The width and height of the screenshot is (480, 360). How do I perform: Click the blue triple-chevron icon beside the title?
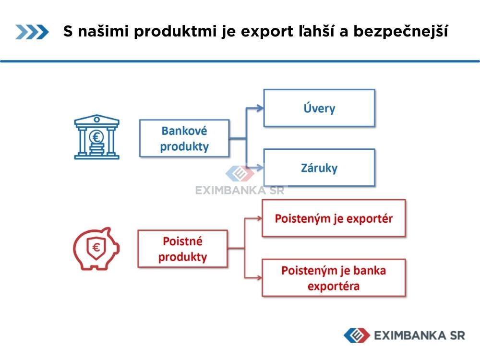click(x=32, y=32)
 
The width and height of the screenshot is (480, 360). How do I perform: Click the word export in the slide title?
click(x=266, y=32)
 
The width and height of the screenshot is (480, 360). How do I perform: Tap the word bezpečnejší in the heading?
click(x=401, y=31)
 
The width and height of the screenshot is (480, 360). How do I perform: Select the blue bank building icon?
click(x=97, y=137)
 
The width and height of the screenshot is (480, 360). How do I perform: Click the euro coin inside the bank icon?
click(x=96, y=137)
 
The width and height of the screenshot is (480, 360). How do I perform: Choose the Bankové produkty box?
click(x=184, y=138)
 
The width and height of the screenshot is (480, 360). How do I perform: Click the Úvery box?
click(x=319, y=108)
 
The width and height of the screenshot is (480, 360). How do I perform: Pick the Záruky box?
click(x=319, y=168)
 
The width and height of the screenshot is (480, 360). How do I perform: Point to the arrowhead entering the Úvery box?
click(x=260, y=108)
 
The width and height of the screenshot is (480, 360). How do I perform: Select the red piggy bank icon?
click(x=96, y=249)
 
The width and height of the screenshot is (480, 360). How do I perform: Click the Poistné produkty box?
click(x=183, y=249)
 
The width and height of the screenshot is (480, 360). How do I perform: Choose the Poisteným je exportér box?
click(x=334, y=218)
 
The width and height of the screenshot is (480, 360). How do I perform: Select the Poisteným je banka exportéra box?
click(x=334, y=278)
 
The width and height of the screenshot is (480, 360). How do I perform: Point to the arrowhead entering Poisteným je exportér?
click(x=259, y=218)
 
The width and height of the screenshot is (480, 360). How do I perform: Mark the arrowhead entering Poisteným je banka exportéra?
click(x=259, y=278)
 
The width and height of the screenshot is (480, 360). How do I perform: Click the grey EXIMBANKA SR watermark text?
click(x=240, y=191)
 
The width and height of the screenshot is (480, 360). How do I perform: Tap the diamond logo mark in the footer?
click(x=357, y=335)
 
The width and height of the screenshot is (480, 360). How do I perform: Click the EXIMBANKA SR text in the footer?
click(x=420, y=336)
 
